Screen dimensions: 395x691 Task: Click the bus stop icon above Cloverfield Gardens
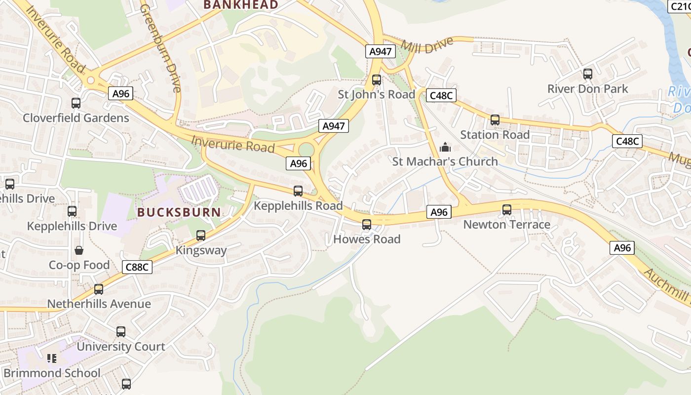(x=76, y=103)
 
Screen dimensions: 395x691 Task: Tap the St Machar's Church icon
(x=445, y=147)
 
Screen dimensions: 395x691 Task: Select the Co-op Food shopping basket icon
(x=79, y=250)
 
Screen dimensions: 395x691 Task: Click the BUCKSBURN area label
(x=179, y=212)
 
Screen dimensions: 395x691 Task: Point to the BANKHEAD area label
(x=241, y=5)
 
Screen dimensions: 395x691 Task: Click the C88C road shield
(x=137, y=267)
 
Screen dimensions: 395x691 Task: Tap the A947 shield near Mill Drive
(x=381, y=51)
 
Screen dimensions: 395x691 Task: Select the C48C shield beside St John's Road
(x=441, y=95)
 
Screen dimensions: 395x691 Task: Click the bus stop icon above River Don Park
(x=587, y=74)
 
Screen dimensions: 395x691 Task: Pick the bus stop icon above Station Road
(x=495, y=120)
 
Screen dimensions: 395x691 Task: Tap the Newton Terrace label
(x=506, y=225)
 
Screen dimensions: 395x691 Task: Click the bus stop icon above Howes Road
(x=366, y=225)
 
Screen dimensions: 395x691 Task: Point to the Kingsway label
(x=201, y=250)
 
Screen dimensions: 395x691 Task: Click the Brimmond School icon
(x=51, y=358)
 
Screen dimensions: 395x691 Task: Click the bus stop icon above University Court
(x=121, y=332)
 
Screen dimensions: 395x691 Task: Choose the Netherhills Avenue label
(x=99, y=304)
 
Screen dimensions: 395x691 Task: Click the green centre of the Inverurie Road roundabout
(x=307, y=149)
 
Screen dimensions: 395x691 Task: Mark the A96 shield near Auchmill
(x=622, y=247)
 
